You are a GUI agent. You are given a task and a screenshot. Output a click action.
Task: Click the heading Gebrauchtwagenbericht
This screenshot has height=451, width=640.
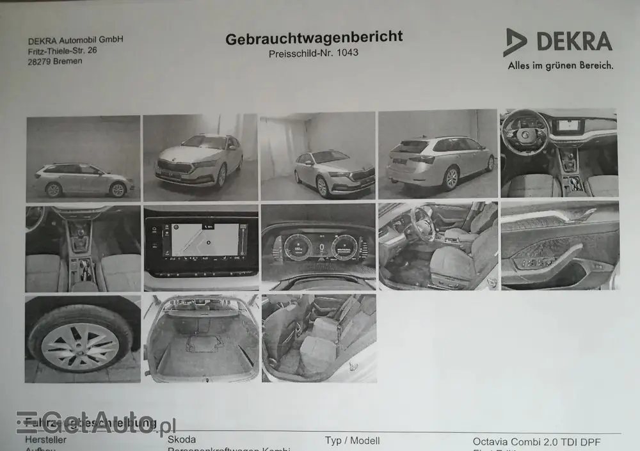(x=314, y=38)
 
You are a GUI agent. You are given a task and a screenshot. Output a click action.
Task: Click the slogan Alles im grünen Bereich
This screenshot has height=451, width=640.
(x=560, y=65)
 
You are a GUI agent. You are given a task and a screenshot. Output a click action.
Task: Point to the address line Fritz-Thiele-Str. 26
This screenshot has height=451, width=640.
(x=62, y=50)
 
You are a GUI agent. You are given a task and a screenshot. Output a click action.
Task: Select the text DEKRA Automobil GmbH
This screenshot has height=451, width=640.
(x=75, y=40)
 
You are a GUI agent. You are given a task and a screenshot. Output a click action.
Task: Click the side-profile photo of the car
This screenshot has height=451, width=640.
(x=83, y=158)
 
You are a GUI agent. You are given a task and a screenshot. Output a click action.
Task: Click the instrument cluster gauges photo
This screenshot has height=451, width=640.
(x=318, y=247)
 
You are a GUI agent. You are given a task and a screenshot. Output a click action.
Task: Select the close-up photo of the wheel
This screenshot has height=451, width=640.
(x=83, y=338)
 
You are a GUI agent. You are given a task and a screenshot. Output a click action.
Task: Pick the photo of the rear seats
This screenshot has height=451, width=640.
(x=319, y=338)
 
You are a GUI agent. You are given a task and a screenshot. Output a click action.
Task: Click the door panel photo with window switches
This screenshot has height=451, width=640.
(x=559, y=246)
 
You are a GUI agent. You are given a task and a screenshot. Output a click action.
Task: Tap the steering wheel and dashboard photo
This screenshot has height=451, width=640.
(x=559, y=153)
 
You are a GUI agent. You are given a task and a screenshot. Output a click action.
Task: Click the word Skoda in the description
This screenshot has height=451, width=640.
(x=182, y=439)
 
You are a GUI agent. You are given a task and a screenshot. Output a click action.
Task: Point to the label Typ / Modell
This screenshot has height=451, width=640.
(x=352, y=440)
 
